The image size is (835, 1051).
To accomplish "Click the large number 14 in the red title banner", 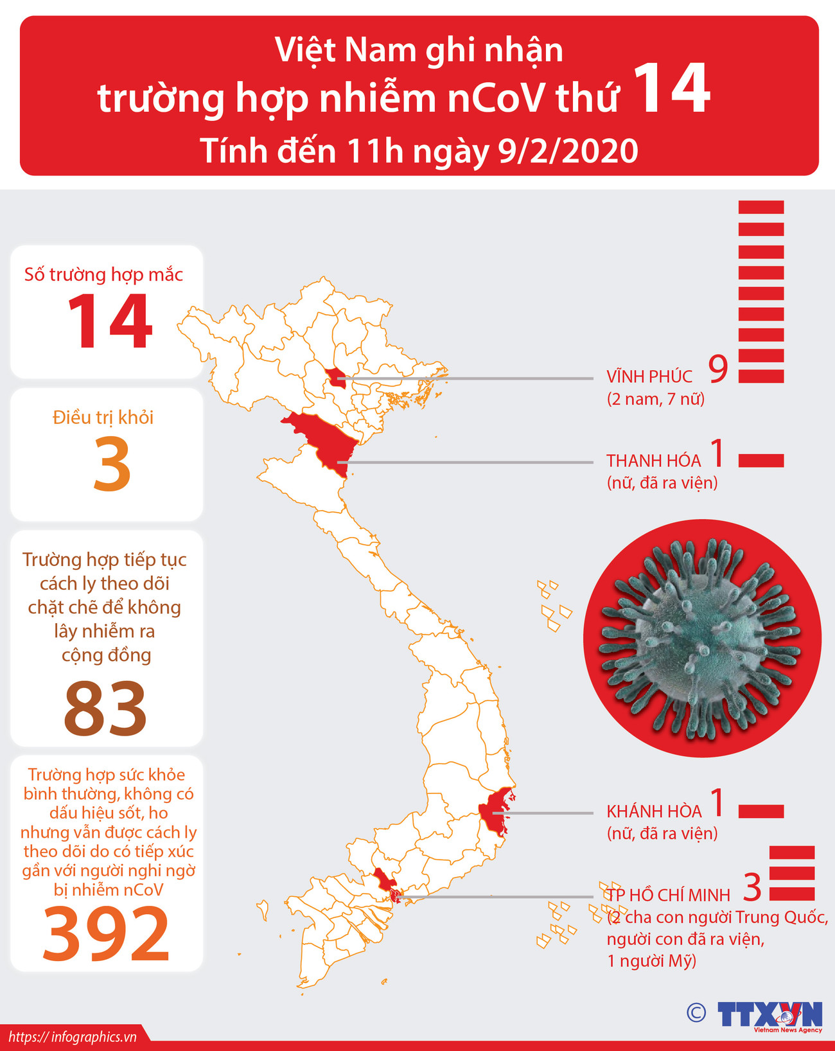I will pos(672,90).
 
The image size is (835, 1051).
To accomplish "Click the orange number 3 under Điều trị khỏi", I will pos(112,465).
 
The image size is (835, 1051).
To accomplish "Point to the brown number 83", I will pos(105,708).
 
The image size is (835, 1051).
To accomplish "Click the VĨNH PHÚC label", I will pos(649,376).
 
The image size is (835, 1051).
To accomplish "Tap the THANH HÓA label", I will pos(653,461).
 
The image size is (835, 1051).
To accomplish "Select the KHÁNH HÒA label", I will pos(654,811).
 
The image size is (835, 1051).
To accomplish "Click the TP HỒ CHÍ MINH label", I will pos(668,895).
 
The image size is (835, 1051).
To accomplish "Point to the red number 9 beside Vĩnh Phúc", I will pos(718,369).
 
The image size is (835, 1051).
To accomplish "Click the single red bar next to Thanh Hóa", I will pos(761,460).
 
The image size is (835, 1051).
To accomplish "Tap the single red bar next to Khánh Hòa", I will pos(761,811).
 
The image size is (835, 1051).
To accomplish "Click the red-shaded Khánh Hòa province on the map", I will pos(498,811).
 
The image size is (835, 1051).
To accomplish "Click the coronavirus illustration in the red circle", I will pos(702,638).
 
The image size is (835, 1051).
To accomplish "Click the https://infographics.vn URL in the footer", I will pos(73,1037).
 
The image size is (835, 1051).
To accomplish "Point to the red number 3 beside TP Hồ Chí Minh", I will pos(752,887).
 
